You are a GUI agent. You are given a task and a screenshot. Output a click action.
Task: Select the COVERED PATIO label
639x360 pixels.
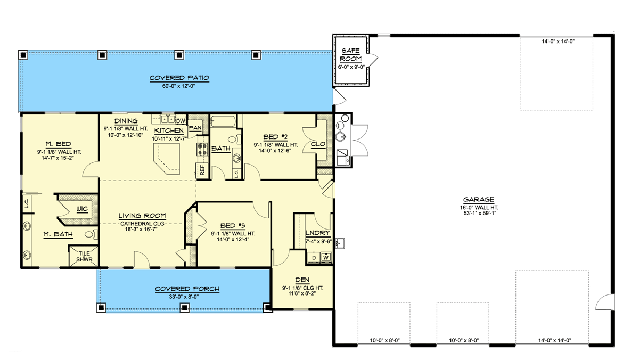(x=179, y=78)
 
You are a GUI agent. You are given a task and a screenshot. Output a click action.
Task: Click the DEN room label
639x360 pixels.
(x=303, y=280)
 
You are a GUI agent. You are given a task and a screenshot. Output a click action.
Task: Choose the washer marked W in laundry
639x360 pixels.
(x=326, y=258)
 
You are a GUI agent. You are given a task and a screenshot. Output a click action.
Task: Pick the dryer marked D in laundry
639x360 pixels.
(x=314, y=258)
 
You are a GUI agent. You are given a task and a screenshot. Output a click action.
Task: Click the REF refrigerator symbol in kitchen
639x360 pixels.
(x=202, y=170)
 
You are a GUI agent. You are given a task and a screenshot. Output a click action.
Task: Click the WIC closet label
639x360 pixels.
(x=81, y=208)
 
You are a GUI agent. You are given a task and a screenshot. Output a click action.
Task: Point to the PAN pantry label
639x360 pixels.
(x=195, y=128)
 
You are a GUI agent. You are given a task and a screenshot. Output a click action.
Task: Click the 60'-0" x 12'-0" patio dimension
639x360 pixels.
(x=179, y=87)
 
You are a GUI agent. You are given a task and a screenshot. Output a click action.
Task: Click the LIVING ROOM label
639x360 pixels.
(x=142, y=216)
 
